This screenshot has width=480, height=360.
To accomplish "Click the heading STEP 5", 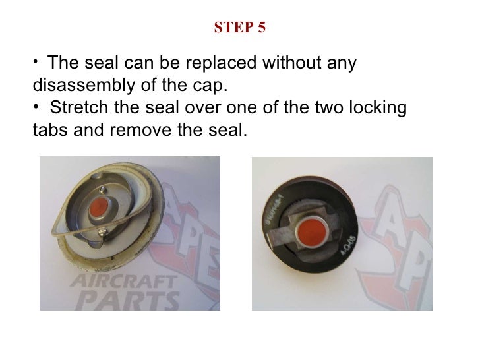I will point(240,28).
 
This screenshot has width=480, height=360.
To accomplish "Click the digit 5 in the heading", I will point(261,28).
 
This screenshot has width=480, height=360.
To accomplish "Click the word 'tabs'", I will point(49,129).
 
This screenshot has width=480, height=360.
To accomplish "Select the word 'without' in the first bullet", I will point(292,65).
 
